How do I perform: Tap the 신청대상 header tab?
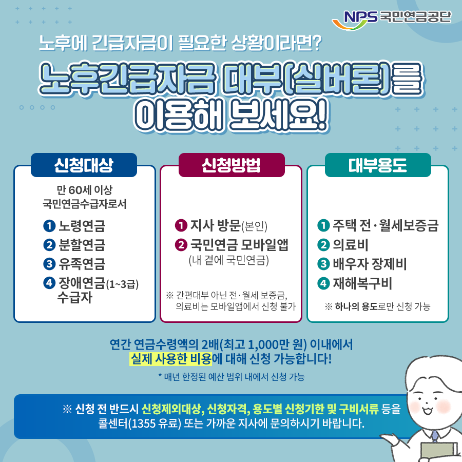pos(84,165)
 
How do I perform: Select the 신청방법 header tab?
pos(231,165)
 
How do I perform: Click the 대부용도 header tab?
pos(377,165)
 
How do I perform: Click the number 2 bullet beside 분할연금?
pos(49,245)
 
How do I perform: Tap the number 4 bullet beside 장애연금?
pos(49,283)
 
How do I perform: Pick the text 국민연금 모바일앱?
pos(239,245)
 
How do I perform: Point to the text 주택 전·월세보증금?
pos(386,226)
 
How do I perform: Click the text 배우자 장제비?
pos(370,264)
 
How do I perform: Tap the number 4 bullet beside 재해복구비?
pos(323,283)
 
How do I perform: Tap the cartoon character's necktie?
pos(435,436)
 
